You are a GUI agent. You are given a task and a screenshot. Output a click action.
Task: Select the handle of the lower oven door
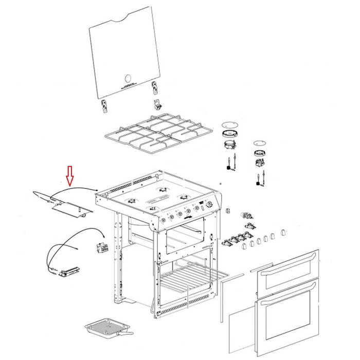tap(291, 303)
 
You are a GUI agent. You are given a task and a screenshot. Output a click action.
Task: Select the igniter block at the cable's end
tap(67, 271)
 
